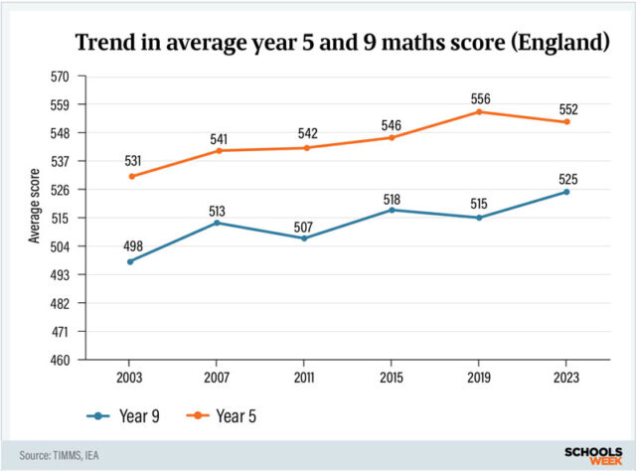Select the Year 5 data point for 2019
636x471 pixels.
(478, 111)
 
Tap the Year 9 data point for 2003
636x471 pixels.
(130, 261)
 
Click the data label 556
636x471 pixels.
(479, 97)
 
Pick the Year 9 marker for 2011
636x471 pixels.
(304, 238)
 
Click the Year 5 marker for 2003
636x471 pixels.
(130, 176)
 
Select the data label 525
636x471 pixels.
(567, 179)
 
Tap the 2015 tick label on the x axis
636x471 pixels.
(392, 379)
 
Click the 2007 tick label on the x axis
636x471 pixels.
(217, 379)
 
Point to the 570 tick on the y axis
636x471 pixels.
(60, 77)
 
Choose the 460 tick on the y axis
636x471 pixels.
(60, 360)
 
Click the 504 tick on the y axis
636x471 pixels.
(60, 246)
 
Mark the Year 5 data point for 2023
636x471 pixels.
(565, 122)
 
